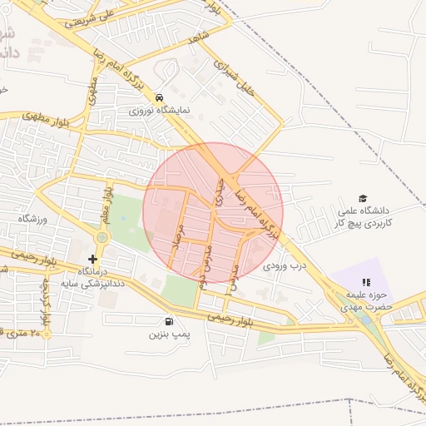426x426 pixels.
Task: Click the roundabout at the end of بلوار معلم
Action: coord(102,238)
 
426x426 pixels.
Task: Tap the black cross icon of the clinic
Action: coord(92,259)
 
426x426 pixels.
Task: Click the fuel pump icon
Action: coord(171,322)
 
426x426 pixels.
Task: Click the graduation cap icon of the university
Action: coord(363,198)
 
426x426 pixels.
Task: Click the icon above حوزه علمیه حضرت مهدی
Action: coord(367,283)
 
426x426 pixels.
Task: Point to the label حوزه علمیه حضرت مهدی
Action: coord(364,301)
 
